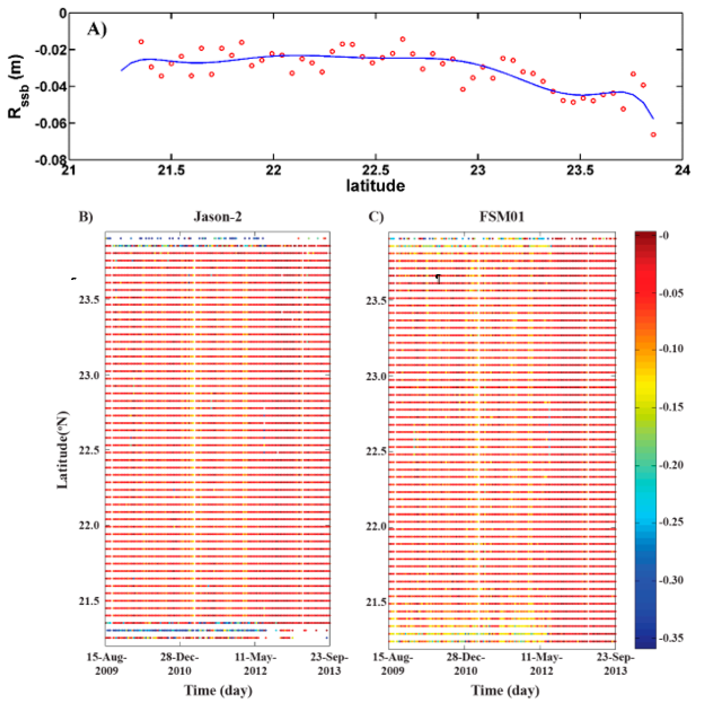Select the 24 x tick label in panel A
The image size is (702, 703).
[x=681, y=170]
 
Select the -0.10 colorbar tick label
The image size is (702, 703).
[x=671, y=349]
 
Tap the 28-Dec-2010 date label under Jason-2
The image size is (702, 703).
[x=179, y=664]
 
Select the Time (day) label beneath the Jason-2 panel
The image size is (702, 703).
[x=218, y=690]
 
